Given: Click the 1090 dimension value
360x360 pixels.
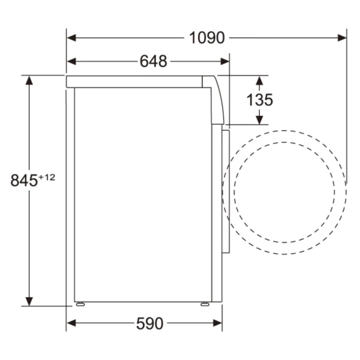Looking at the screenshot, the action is [207, 38].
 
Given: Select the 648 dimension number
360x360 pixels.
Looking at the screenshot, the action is [154, 62].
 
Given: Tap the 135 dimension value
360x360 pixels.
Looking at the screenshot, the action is [260, 100].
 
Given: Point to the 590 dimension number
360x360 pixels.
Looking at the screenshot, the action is [149, 323].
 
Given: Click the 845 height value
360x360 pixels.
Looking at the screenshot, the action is [24, 181].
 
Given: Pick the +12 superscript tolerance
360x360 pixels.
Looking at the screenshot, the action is [47, 177].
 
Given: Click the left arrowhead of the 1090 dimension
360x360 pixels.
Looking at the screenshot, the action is [71, 38].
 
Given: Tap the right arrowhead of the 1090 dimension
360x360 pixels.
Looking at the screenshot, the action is [342, 38].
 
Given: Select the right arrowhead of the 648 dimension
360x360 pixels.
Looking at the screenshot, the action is [225, 62].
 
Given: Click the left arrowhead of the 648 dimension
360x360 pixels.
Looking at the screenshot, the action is [71, 62].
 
